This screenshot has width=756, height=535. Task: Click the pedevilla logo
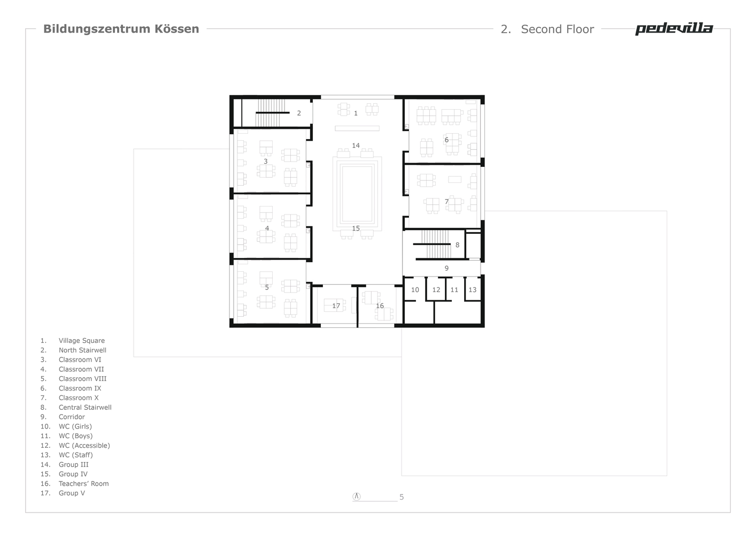tap(674, 29)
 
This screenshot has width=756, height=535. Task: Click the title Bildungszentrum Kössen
tap(121, 29)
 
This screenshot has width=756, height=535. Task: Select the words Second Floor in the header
tap(557, 29)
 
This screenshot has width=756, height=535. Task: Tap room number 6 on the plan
tap(446, 140)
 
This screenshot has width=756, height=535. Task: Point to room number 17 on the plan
tap(336, 306)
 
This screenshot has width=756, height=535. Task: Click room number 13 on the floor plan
tap(473, 290)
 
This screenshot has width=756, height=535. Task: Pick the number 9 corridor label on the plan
tap(446, 268)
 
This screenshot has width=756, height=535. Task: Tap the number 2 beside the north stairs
tap(299, 113)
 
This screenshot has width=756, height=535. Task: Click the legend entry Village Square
tap(82, 341)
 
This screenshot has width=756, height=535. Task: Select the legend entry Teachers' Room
tap(84, 484)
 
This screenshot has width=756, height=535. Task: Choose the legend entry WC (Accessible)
tap(84, 446)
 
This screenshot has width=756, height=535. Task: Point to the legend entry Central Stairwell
tap(85, 407)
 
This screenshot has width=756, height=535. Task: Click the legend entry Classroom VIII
tap(82, 379)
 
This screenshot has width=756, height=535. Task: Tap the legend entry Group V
tap(72, 493)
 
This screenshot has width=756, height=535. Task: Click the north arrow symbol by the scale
tap(357, 496)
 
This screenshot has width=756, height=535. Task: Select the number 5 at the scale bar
tap(402, 497)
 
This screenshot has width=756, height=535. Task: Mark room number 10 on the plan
tap(415, 290)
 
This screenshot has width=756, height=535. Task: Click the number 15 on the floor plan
tap(356, 228)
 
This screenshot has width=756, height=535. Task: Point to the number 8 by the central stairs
tap(457, 245)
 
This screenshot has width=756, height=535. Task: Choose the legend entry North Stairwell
tap(82, 350)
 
